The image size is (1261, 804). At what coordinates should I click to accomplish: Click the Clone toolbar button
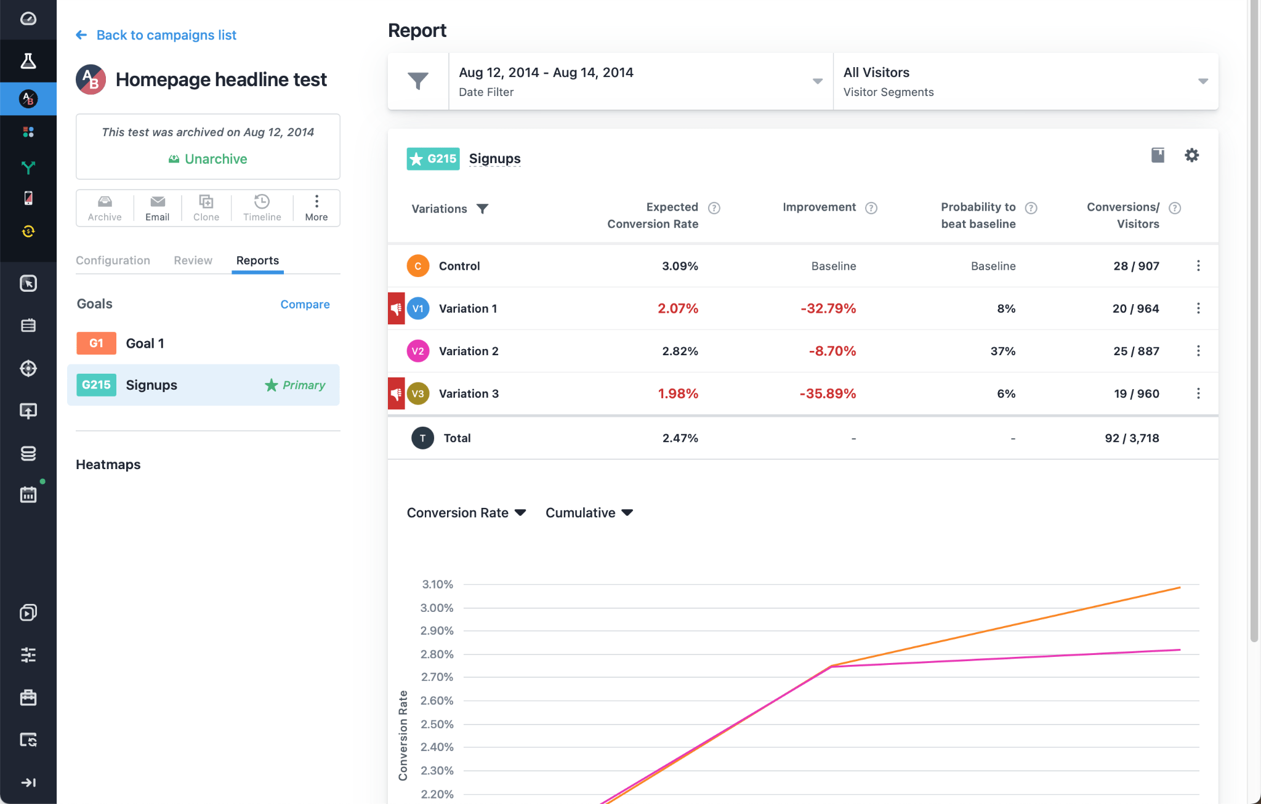tap(206, 208)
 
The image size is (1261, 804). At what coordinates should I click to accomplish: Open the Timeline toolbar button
tap(262, 208)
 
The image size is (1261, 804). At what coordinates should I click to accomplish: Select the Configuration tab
tap(113, 260)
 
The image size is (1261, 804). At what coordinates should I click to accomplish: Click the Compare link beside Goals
tap(305, 304)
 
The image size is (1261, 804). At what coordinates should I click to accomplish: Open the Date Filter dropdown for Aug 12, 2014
tap(640, 81)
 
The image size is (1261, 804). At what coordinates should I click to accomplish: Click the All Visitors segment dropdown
tap(1025, 81)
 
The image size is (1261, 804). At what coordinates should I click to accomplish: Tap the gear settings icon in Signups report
tap(1191, 155)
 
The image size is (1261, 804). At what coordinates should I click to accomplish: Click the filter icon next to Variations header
tap(483, 209)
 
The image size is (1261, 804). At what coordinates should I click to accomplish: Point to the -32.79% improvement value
tap(828, 308)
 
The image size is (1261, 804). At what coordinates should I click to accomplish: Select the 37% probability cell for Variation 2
tap(1002, 351)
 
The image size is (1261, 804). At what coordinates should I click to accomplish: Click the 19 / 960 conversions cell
tap(1136, 393)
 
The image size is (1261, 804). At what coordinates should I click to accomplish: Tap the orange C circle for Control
tap(417, 266)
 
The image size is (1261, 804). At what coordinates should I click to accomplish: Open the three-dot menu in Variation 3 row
tap(1198, 393)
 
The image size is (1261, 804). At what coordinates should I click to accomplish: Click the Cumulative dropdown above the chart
tap(589, 513)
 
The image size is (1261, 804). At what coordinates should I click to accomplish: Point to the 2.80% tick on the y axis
tap(437, 654)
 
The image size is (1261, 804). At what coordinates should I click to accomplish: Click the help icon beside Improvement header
tap(871, 208)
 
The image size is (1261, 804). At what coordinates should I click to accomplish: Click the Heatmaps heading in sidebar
tap(108, 465)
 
